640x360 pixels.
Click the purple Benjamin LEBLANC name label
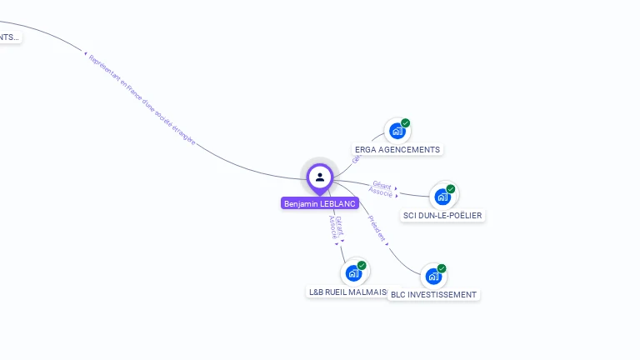point(320,203)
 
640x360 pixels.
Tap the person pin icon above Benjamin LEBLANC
point(320,177)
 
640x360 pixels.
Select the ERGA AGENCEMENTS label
point(397,150)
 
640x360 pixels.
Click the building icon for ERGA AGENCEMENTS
point(397,131)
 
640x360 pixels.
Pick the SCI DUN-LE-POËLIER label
point(442,216)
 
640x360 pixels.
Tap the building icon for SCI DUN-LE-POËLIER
point(442,197)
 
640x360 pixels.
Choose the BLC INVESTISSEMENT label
point(433,294)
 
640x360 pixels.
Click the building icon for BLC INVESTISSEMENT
point(432,276)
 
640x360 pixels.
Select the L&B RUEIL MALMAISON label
point(347,292)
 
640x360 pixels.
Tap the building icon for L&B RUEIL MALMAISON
point(353,272)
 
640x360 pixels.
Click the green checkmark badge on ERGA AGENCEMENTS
point(406,123)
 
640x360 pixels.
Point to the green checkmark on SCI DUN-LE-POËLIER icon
point(451,189)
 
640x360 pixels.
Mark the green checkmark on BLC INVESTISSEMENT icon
point(442,268)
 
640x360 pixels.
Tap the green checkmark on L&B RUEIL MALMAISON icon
point(362,265)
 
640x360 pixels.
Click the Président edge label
point(377,230)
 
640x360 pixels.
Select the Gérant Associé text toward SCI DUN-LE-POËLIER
point(382,189)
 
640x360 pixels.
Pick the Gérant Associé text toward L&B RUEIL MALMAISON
point(336,227)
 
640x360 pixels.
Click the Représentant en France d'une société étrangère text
point(142,101)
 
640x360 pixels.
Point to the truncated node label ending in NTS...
point(8,37)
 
